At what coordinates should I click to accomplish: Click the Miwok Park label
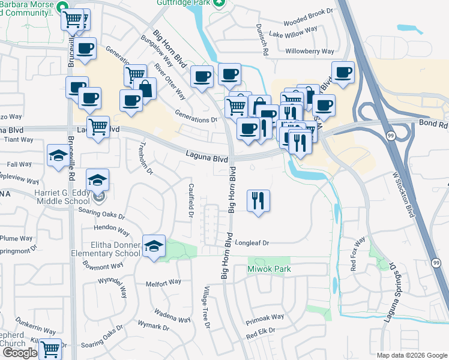[269, 269]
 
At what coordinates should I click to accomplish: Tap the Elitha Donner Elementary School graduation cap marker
[154, 246]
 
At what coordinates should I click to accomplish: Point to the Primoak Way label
[264, 317]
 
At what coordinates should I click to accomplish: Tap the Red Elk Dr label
[260, 331]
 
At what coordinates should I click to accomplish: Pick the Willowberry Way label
[310, 52]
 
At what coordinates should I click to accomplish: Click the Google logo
[19, 353]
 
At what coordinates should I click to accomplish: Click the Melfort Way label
[163, 282]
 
